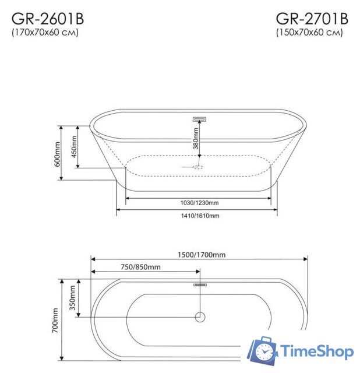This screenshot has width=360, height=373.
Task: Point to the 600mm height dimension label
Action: [x=57, y=154]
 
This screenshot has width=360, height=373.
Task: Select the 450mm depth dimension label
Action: [x=74, y=147]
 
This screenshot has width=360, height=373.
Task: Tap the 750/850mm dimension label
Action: [x=140, y=267]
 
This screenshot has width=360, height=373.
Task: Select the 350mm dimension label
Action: [x=73, y=298]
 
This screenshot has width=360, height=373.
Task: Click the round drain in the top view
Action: [x=200, y=318]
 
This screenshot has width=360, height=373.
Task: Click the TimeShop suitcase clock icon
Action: [x=262, y=351]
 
